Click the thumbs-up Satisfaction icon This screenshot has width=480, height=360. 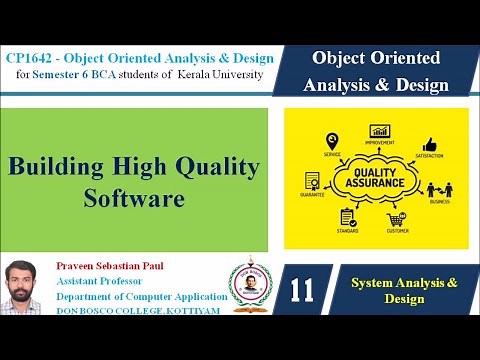[430, 145]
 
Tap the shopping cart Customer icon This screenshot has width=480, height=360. [396, 219]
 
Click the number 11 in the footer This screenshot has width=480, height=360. [301, 291]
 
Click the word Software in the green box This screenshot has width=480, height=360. [134, 198]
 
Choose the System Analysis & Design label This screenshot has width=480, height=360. [404, 291]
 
